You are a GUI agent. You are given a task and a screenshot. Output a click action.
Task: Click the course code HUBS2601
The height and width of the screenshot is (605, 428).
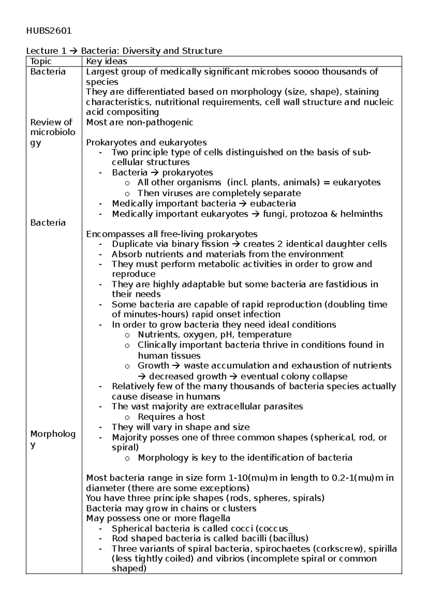pos(49,31)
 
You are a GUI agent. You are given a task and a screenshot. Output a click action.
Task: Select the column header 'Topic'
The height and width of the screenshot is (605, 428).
pos(41,61)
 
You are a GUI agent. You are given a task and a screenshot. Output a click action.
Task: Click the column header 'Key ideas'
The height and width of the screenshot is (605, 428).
pos(107,61)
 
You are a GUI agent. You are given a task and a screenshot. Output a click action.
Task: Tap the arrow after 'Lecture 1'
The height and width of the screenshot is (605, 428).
pos(75,51)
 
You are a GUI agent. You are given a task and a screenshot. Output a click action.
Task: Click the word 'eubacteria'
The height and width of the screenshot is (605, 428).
pos(273,204)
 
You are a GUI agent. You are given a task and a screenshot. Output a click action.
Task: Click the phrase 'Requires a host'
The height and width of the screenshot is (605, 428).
pos(171,417)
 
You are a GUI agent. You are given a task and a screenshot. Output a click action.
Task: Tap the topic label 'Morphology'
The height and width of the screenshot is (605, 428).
pos(52,439)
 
